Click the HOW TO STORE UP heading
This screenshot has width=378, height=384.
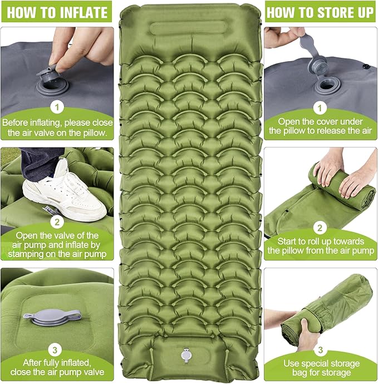click(320, 13)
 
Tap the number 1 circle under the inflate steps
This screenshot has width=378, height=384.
click(56, 106)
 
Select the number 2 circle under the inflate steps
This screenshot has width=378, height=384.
click(56, 222)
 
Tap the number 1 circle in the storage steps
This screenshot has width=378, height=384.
click(320, 106)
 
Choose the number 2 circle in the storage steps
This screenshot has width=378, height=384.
click(320, 227)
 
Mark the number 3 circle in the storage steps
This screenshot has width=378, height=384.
click(320, 350)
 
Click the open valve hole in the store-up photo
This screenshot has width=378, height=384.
click(327, 85)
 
